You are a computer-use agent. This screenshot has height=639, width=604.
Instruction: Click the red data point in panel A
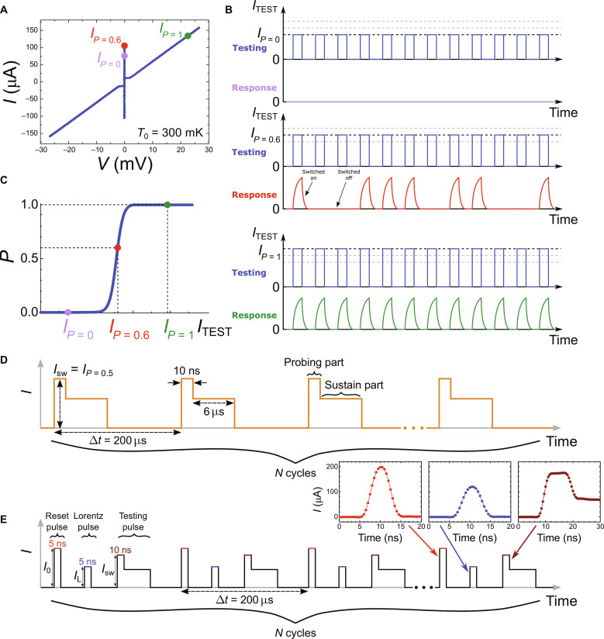[124, 46]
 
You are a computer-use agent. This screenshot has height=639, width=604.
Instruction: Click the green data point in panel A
[188, 36]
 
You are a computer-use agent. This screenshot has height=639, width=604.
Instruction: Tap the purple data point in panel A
[124, 56]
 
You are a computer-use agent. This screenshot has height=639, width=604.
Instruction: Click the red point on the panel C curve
[117, 247]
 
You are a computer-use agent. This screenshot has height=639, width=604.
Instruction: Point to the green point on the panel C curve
[167, 205]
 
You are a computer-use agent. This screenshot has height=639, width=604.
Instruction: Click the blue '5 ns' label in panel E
[88, 561]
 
